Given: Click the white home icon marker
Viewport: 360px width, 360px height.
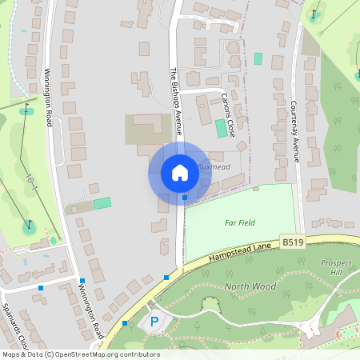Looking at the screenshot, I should pos(179,173).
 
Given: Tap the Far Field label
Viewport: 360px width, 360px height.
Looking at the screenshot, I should pos(239,222).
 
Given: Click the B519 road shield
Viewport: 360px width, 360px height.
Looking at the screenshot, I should pos(292,240).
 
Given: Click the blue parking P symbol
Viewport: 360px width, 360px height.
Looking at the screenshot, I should pos(154,322).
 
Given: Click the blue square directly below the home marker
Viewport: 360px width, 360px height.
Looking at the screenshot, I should pos(185,197).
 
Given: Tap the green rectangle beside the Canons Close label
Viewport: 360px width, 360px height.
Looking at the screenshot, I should pos(221,127).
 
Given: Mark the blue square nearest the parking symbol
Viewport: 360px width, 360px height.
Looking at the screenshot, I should pos(125,323).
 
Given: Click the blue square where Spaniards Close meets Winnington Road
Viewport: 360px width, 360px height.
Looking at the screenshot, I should pos(82,280).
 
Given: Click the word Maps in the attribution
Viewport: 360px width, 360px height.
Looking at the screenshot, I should pos(11,354).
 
